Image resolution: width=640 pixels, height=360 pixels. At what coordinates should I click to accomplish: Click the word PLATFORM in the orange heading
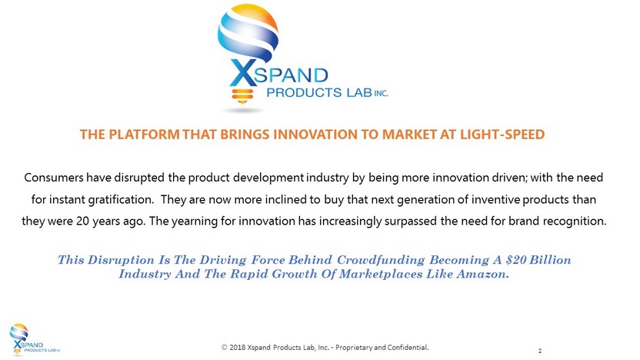pos(144,135)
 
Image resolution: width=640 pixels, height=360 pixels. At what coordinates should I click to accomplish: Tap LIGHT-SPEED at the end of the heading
pos(502,135)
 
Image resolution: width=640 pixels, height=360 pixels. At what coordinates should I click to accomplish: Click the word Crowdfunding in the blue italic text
pos(381,260)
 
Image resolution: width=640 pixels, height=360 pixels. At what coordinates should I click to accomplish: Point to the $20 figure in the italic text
pos(515,259)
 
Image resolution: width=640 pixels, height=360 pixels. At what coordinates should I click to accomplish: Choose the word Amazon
pos(483,274)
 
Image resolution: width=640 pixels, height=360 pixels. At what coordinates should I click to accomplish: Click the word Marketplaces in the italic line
pos(381,274)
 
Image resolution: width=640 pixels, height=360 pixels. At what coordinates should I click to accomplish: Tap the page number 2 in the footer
pos(540,351)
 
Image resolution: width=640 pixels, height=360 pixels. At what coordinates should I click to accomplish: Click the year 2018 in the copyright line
pos(238,348)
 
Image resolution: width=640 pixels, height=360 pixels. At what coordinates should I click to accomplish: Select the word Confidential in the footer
pos(408,348)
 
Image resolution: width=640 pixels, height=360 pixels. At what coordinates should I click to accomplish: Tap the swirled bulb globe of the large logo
pos(248,32)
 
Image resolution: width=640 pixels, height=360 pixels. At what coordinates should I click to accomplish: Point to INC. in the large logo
pos(381,93)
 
